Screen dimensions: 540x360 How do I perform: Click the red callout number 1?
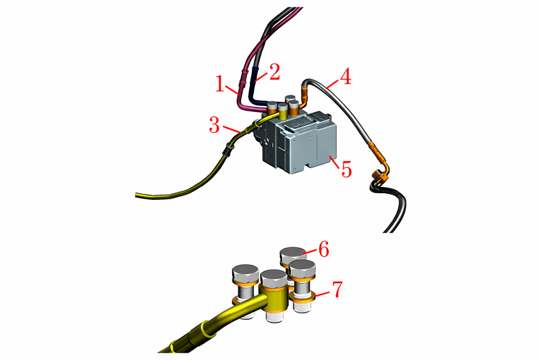click(220, 84)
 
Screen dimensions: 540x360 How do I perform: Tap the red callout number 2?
click(275, 72)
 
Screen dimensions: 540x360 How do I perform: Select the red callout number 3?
click(214, 125)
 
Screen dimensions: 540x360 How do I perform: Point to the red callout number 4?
click(346, 76)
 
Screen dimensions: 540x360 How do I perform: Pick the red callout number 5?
click(346, 169)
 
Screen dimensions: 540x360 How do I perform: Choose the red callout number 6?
click(324, 249)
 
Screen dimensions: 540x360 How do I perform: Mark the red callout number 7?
click(337, 288)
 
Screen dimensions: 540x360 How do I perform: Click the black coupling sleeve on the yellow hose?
click(227, 149)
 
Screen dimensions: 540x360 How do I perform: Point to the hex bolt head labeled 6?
click(293, 255)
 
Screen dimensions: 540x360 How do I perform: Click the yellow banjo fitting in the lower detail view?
click(274, 299)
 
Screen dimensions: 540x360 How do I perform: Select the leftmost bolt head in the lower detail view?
click(246, 273)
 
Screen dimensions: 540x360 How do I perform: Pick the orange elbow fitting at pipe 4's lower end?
click(381, 172)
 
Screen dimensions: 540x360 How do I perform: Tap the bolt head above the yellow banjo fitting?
click(274, 279)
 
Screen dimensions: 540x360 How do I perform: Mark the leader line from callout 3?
click(232, 129)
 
